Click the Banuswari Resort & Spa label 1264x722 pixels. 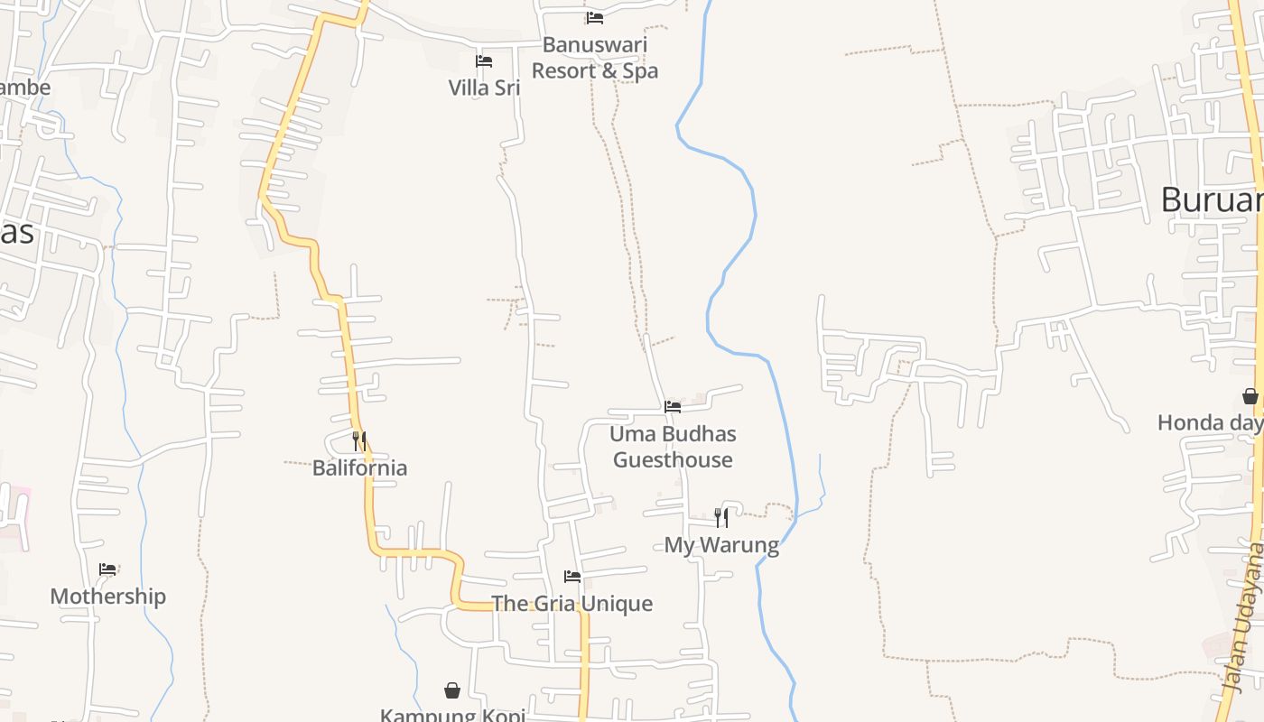[595, 58]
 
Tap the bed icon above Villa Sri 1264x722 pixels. [484, 61]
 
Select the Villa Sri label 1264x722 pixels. [485, 88]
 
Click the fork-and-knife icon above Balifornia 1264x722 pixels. [359, 440]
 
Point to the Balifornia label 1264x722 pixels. [359, 467]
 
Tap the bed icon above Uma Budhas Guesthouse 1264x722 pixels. [673, 407]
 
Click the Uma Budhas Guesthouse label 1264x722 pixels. [673, 447]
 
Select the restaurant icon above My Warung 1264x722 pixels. [721, 517]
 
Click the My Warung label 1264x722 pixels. [721, 545]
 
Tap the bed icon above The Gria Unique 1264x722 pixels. [572, 576]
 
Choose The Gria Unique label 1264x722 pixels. [572, 604]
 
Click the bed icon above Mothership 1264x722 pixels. [108, 569]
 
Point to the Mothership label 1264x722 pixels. [108, 597]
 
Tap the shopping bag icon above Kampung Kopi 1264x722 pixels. [452, 690]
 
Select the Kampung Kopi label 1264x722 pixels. [452, 715]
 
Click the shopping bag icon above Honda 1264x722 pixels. [1250, 396]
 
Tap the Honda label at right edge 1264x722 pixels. [1210, 422]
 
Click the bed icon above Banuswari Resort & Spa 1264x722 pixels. [594, 17]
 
